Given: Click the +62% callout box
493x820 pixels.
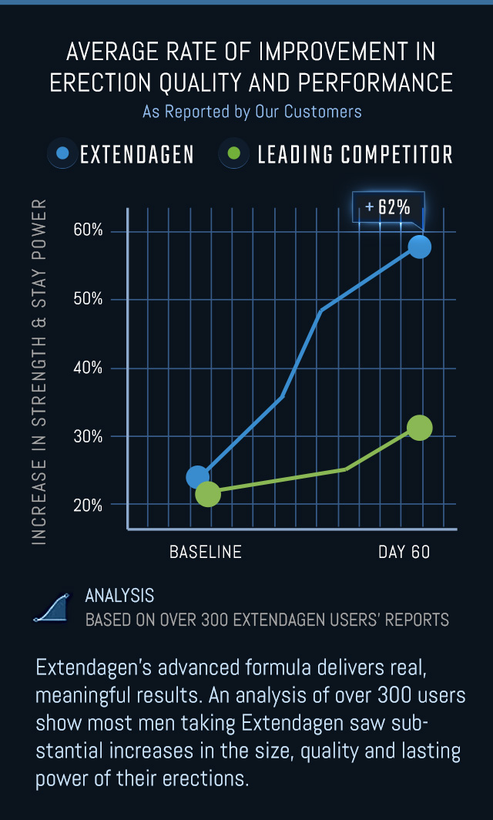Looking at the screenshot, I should [x=388, y=207].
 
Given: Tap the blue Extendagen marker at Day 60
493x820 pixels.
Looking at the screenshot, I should [x=419, y=247].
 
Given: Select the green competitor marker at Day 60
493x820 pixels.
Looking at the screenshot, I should [x=419, y=428].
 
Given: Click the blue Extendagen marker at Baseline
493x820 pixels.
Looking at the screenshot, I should [x=197, y=477].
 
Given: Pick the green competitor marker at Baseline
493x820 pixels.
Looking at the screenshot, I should [x=208, y=494].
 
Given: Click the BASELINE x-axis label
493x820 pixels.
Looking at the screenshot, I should [x=206, y=552].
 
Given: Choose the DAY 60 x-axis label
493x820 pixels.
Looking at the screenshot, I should [x=404, y=552].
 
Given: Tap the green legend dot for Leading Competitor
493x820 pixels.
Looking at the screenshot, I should [x=237, y=153].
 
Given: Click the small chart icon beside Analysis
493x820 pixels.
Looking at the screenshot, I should [x=52, y=608].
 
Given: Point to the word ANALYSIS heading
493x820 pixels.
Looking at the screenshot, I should [x=119, y=596].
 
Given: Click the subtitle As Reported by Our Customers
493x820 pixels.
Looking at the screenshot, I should [x=252, y=112].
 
